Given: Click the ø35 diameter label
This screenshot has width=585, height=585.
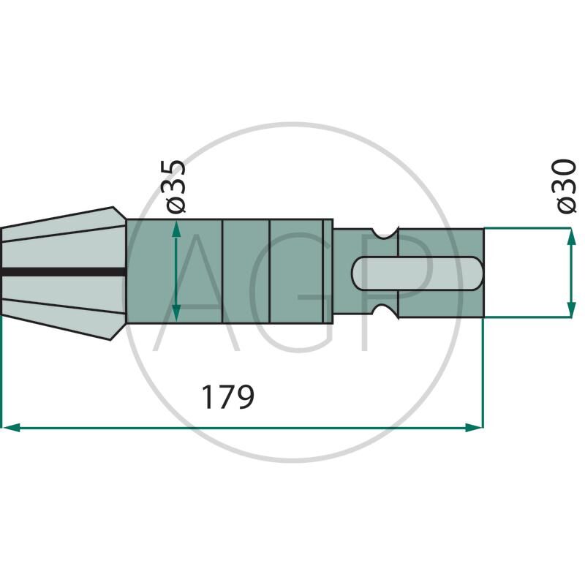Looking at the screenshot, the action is pos(173,186).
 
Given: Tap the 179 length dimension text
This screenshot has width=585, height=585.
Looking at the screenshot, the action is pos(227,397).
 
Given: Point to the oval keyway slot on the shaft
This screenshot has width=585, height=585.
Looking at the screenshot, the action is pos(417,273).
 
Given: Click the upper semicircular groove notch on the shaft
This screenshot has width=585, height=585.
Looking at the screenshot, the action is pos(385,232).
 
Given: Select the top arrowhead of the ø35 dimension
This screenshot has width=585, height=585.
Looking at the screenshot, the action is pos(176,228).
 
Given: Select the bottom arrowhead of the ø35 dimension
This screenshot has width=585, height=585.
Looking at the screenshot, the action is pos(176,314).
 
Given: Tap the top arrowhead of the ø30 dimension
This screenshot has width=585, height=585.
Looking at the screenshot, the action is pos(571,236).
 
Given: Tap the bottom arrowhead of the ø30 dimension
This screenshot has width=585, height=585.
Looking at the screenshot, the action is pos(571,309).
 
